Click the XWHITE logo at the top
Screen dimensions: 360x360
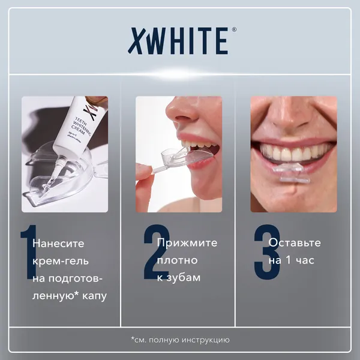point(178,41)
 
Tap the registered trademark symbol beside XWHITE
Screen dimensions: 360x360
point(233,31)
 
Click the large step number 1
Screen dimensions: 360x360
point(28,252)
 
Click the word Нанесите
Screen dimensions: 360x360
point(59,244)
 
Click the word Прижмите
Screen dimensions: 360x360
point(187,243)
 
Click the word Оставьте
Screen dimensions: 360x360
point(295,243)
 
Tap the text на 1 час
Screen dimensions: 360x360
point(292,261)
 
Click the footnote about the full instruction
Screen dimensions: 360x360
point(181,340)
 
